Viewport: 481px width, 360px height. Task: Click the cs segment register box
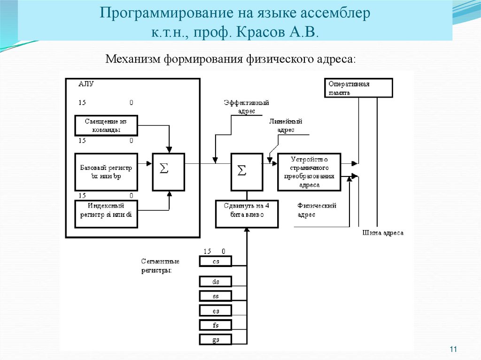point(216,261)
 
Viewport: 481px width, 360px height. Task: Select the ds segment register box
point(216,282)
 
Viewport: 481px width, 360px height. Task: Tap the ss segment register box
point(216,296)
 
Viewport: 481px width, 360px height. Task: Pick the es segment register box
point(216,311)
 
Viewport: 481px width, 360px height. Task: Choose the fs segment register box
point(216,325)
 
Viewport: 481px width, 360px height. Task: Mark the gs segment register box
point(216,339)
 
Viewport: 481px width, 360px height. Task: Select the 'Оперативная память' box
point(358,88)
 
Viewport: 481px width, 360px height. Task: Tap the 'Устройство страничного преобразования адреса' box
point(309,172)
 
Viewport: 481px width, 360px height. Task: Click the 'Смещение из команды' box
point(106,125)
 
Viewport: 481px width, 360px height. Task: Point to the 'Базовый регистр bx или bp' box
point(106,172)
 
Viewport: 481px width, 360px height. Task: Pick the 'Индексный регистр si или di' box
point(106,214)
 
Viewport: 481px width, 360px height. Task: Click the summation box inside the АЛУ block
point(168,172)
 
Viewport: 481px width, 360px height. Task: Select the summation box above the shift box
point(247,172)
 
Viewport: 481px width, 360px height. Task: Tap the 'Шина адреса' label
point(383,233)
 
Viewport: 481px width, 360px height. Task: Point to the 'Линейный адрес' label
point(285,126)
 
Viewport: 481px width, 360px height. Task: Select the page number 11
point(453,349)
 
